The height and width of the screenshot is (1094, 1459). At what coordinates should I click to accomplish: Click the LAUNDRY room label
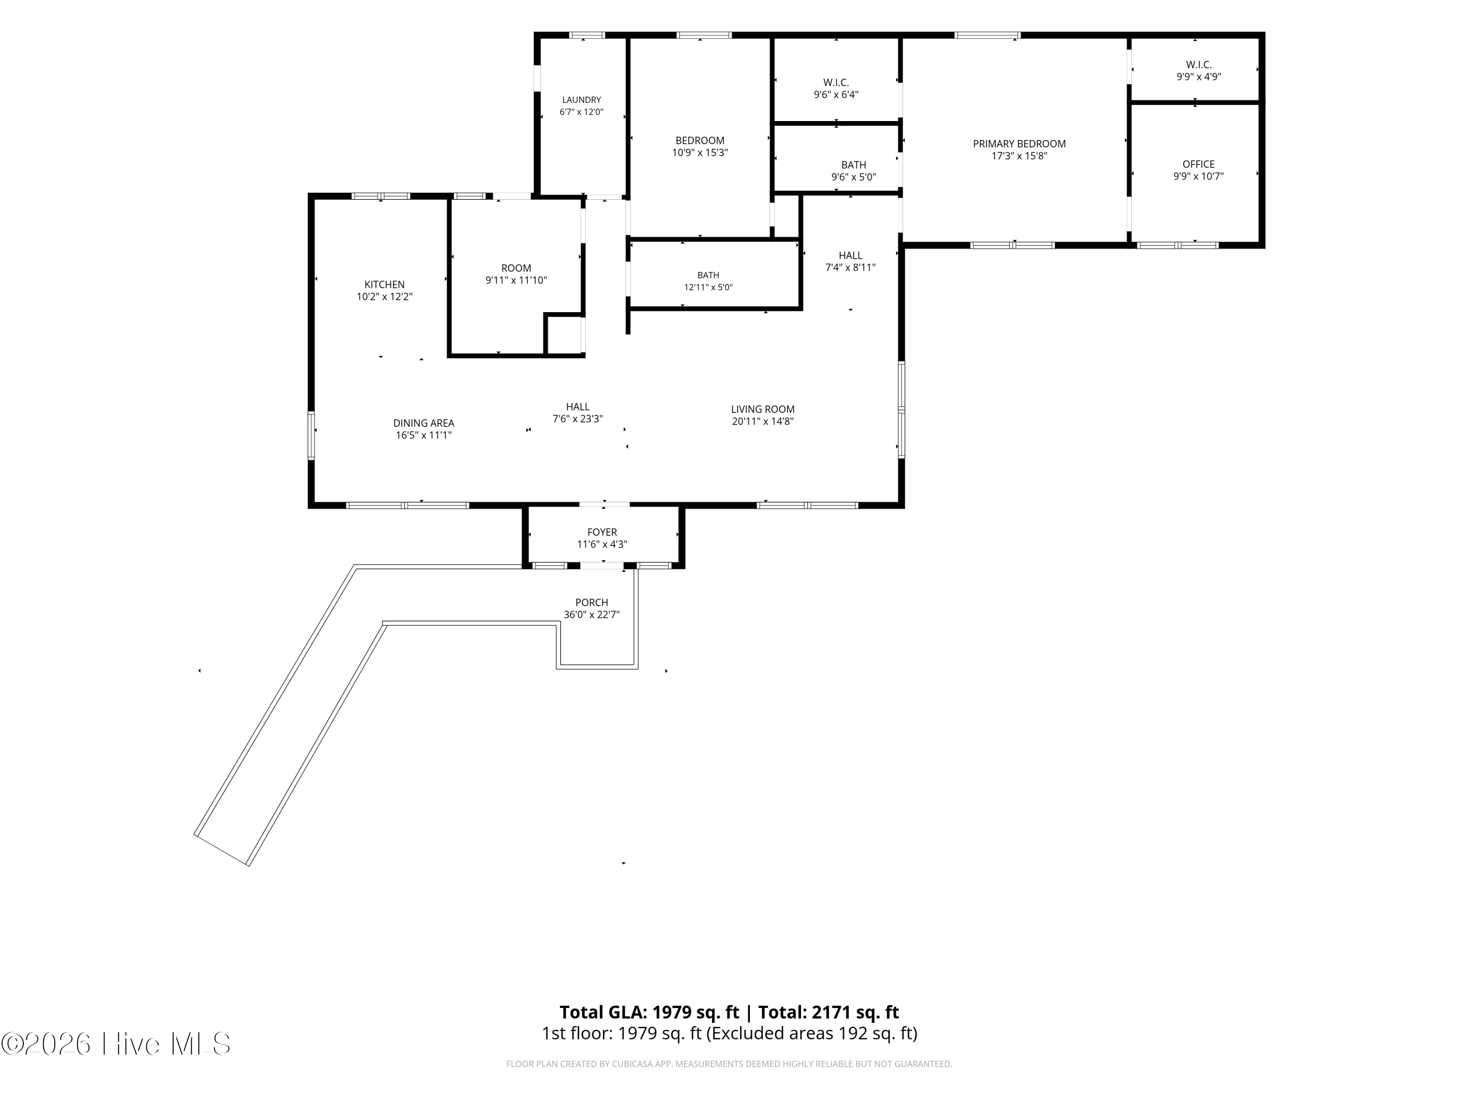point(581,100)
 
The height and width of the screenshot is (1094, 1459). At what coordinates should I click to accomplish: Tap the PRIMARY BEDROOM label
point(1019,144)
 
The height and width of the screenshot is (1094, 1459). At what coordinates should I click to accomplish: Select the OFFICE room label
point(1198,164)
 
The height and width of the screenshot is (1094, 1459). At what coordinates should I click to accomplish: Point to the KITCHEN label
point(385,285)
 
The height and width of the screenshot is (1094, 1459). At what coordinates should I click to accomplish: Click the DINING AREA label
point(424,423)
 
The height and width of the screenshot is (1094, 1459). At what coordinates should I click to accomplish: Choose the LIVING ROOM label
point(763,409)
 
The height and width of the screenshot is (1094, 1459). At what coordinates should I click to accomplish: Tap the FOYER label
point(602,532)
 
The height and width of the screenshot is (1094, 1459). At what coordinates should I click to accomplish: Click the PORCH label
point(592,603)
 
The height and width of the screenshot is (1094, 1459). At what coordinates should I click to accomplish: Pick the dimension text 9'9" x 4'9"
point(1198,76)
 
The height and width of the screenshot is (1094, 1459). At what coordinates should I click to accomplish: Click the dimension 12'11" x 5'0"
point(709,287)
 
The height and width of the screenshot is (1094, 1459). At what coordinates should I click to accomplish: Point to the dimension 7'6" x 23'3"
point(578,419)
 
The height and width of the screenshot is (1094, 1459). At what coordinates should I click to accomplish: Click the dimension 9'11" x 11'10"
point(516,280)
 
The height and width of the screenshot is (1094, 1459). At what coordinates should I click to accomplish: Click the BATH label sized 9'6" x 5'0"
point(854,165)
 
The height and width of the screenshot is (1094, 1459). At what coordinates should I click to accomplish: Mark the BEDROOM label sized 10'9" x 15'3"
point(700,141)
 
